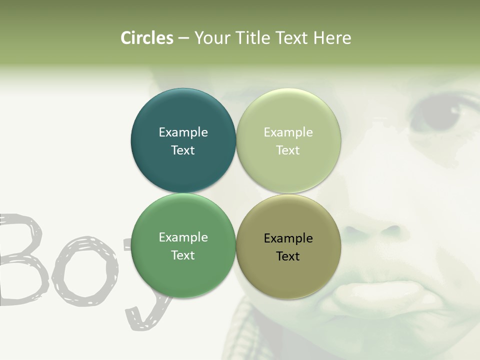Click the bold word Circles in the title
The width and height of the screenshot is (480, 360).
146,38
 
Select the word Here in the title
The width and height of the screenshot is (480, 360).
332,38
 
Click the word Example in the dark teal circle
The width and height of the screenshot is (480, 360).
183,132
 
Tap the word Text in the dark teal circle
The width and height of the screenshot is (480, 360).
183,150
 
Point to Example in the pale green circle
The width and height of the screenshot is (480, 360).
288,132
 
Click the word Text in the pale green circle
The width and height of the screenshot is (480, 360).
288,150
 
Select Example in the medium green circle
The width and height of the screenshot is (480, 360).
183,237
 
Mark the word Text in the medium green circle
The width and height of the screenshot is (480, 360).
183,255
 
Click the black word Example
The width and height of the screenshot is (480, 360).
288,238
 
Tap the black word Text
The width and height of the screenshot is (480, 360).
288,256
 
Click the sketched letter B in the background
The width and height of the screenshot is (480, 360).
22,260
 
